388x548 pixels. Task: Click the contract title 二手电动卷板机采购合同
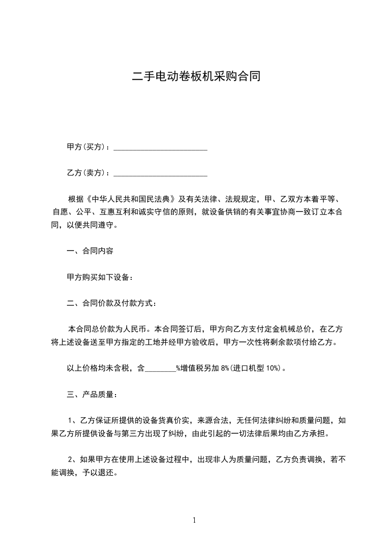tap(194, 76)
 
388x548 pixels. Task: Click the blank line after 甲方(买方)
tap(160, 147)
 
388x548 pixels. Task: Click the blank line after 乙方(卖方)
tap(160, 173)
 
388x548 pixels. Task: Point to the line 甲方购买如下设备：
tap(100, 277)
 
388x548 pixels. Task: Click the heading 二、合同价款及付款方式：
tap(112, 303)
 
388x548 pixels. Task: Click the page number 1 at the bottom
tap(194, 521)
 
